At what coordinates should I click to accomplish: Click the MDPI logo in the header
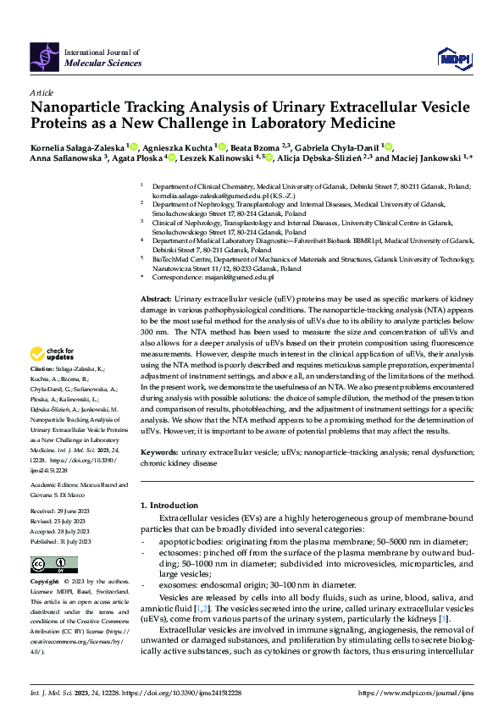point(451,56)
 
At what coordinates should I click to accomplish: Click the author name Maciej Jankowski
point(427,158)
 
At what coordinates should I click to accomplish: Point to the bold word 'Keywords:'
point(158,453)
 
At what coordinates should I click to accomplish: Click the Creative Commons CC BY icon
point(49,565)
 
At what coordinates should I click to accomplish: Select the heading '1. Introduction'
point(169,506)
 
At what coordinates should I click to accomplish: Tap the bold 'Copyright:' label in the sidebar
point(46,583)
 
